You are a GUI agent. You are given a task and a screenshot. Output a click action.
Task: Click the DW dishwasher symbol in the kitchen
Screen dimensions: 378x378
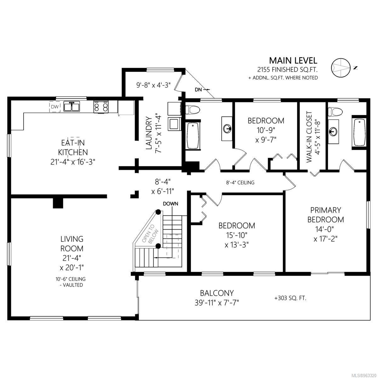55,107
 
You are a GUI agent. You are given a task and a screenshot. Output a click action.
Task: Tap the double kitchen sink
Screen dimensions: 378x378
72,107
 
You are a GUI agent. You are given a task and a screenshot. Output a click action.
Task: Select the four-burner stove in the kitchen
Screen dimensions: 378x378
101,107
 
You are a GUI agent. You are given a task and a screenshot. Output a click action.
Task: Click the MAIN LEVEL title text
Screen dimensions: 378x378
293,60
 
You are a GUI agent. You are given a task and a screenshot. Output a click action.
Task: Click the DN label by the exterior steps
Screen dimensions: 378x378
198,90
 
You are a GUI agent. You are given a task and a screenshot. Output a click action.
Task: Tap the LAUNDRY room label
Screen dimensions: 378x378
149,133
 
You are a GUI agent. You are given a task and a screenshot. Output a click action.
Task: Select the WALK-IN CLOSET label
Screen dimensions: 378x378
309,137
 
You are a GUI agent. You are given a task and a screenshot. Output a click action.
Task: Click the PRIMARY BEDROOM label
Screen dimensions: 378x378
326,215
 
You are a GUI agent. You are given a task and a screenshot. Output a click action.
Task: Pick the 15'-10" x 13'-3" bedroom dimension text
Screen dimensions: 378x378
237,240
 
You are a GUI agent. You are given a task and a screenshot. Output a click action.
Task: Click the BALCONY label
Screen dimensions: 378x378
217,293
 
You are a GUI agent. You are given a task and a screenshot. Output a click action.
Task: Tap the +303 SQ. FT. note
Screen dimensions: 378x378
290,298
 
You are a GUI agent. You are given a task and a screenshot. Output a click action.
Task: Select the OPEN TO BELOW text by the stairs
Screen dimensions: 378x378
151,236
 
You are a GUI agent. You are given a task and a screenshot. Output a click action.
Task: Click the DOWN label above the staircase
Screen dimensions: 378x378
171,204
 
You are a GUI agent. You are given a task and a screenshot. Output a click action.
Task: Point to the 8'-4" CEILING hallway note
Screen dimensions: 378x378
240,183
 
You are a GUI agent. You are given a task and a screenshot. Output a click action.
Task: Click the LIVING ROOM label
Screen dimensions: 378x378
72,244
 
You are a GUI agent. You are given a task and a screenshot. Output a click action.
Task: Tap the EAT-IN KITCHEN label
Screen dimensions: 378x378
73,148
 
